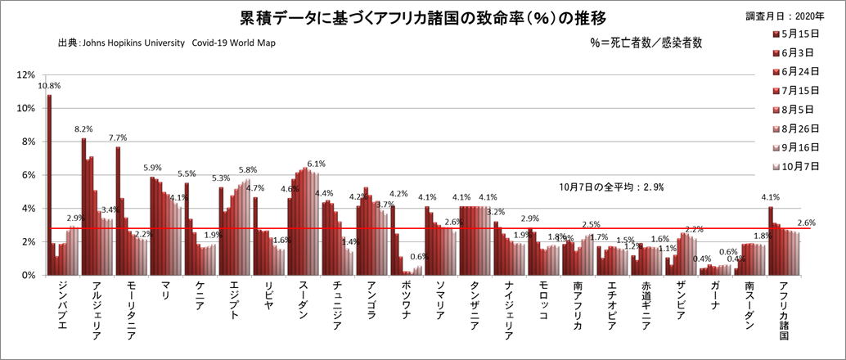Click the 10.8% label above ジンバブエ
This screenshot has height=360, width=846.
[x=49, y=85]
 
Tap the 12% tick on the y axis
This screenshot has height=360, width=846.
[x=27, y=74]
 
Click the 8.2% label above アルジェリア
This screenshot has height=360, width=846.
[x=83, y=128]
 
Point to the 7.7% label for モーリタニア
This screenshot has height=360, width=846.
[x=118, y=137]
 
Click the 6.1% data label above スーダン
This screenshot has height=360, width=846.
[x=317, y=164]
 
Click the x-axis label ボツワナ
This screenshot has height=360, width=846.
[x=406, y=304]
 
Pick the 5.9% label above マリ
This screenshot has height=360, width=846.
[x=152, y=168]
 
